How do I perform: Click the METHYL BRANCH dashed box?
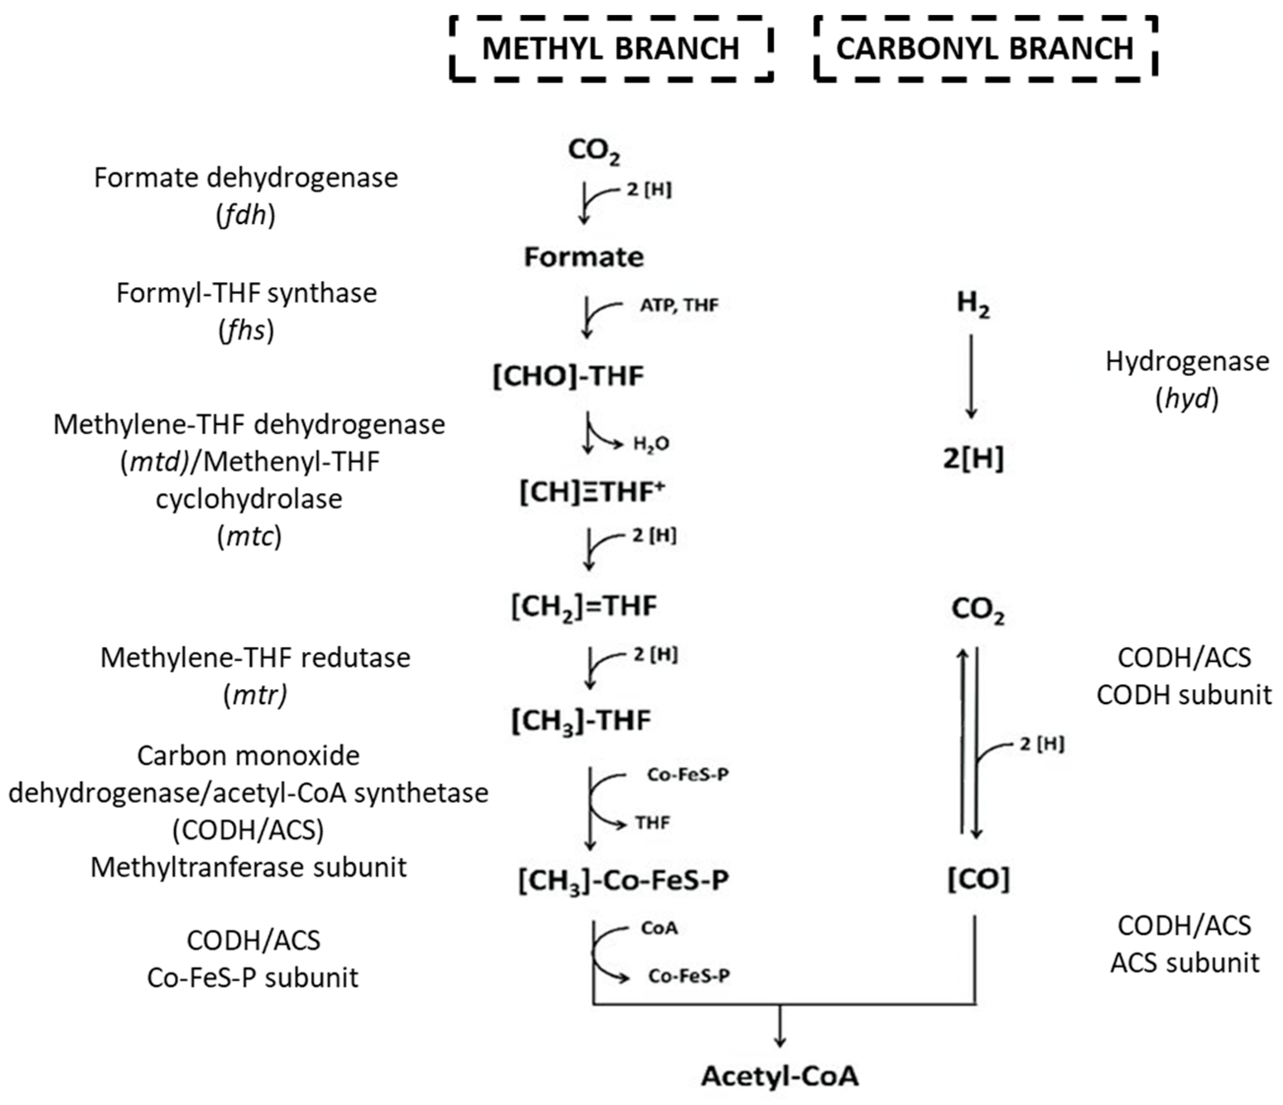611,48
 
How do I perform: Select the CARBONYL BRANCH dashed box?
985,48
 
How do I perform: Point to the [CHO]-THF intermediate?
568,376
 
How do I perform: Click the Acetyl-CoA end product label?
780,1076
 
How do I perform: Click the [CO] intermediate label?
978,879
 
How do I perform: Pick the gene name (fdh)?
246,215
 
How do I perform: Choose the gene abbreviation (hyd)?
1186,399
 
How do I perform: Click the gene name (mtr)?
255,696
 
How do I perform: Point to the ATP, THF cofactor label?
679,305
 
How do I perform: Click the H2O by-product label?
651,443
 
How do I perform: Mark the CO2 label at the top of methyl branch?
593,150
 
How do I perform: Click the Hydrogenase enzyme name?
1186,361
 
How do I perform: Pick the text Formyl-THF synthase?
246,293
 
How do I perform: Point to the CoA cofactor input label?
659,928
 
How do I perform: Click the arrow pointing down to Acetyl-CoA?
780,1025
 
